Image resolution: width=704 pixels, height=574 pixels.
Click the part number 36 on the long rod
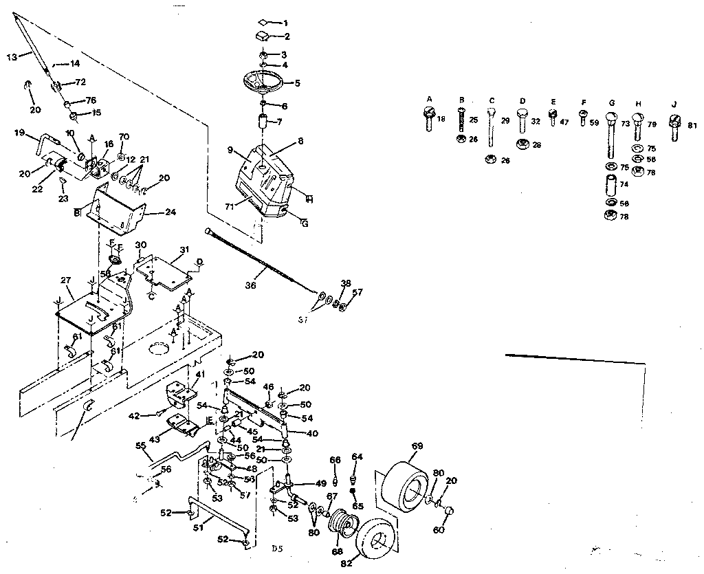[250, 285]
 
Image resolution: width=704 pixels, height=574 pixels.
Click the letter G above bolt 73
[610, 104]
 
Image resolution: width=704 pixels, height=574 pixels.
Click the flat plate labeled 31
[165, 269]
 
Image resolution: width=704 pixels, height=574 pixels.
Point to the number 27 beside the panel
[67, 280]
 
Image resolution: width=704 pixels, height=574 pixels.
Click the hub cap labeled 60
[450, 512]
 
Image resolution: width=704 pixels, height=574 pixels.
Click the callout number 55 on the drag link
[140, 445]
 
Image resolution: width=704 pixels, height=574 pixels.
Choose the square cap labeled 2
[264, 35]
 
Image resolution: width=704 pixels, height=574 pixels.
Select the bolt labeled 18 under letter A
[428, 122]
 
